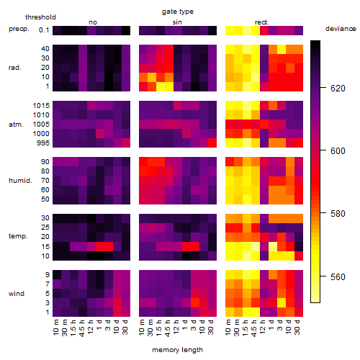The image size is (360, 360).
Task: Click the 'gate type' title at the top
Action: [x=178, y=12]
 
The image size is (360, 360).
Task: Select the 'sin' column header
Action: [x=177, y=22]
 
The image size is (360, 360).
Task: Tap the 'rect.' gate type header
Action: [x=262, y=22]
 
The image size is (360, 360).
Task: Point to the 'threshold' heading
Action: [x=40, y=17]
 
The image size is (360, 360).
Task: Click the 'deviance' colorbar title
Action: [x=341, y=29]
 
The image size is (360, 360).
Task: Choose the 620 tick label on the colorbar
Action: [x=338, y=89]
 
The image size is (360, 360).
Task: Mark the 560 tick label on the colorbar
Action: [x=338, y=277]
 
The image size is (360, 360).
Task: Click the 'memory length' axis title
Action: [x=177, y=350]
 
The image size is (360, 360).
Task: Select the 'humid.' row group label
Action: [x=20, y=181]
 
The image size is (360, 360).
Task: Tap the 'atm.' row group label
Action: [x=16, y=125]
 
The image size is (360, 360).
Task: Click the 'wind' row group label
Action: [x=17, y=294]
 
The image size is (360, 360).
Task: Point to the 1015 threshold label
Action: [x=41, y=106]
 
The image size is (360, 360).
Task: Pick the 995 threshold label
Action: [x=43, y=143]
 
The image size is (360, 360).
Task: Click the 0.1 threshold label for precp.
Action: [x=44, y=30]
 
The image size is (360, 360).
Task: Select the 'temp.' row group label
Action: [x=18, y=236]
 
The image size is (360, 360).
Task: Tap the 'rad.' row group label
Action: [x=15, y=68]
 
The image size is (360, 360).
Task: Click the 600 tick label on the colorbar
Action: [x=338, y=151]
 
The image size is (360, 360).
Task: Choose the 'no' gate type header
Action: [x=93, y=22]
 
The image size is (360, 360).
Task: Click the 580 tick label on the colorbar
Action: [x=338, y=214]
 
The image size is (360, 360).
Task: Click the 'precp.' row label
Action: [x=19, y=29]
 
